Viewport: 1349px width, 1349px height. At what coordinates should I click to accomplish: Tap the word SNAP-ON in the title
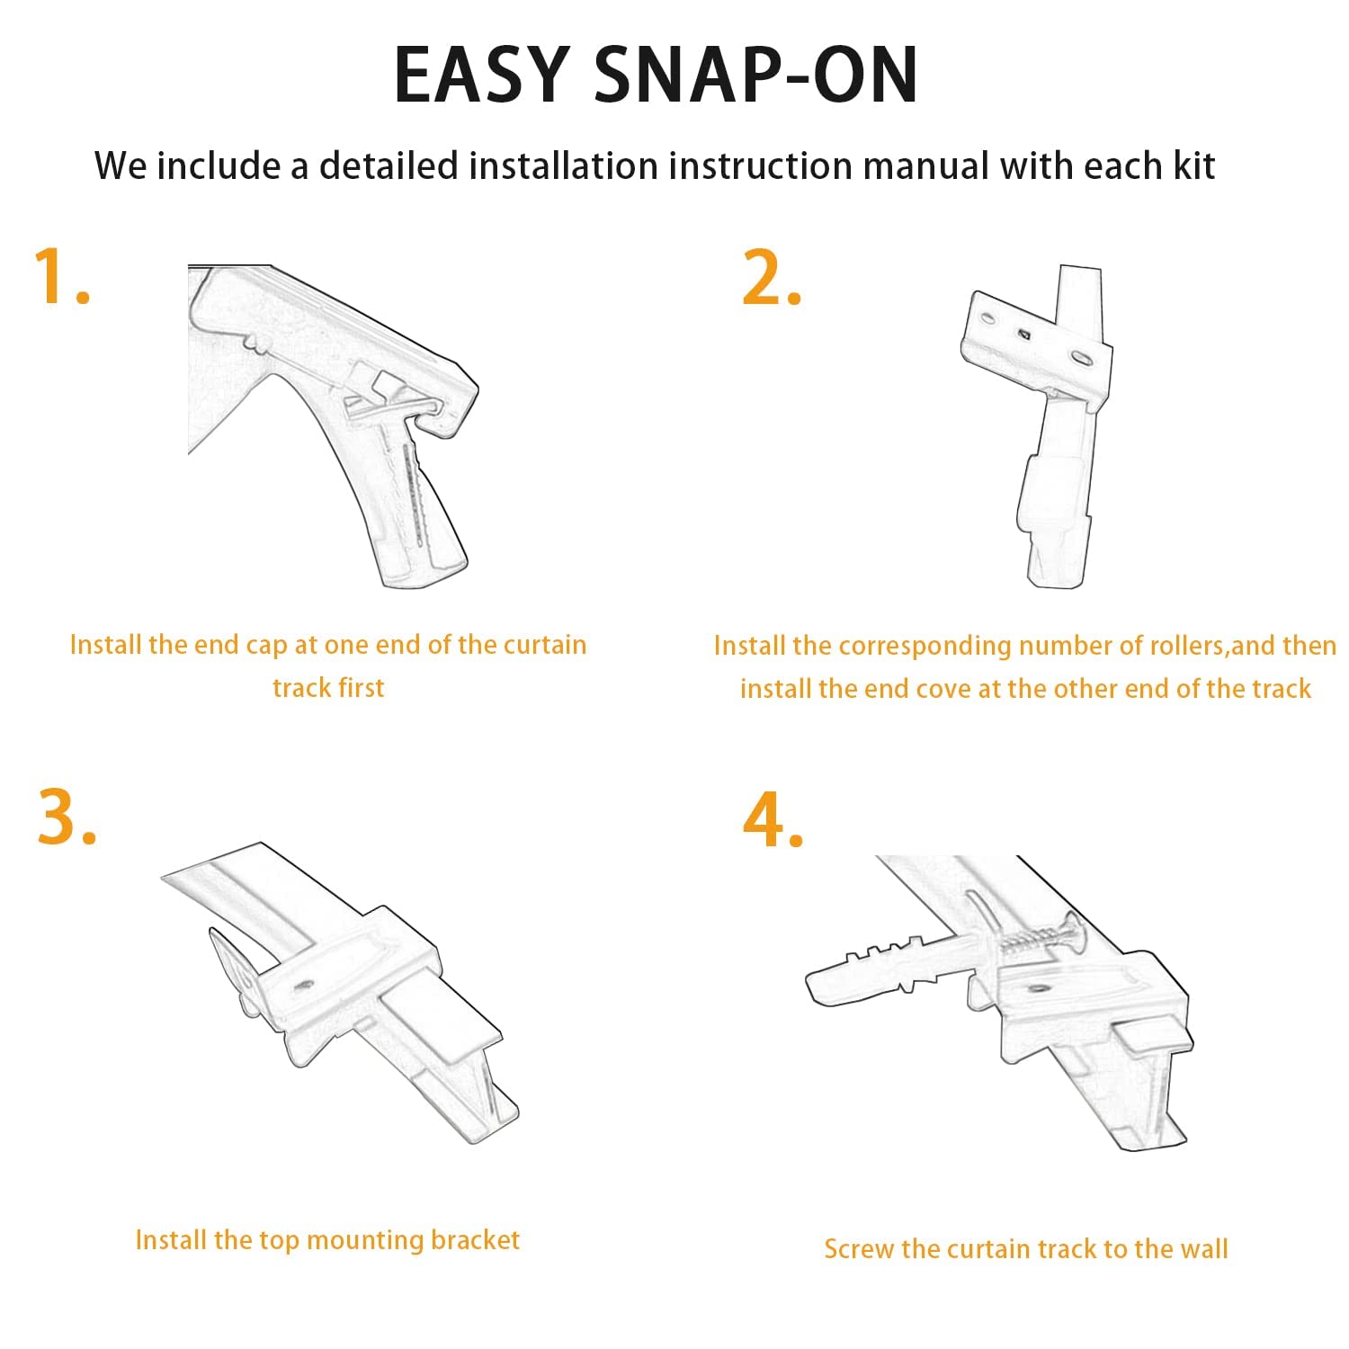coord(756,75)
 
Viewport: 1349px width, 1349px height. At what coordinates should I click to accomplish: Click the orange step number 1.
coord(61,277)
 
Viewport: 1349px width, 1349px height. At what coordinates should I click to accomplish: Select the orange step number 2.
coord(772,277)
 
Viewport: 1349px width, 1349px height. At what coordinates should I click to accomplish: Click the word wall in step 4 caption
coord(1202,1249)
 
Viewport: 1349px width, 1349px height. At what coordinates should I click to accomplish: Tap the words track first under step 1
coord(328,688)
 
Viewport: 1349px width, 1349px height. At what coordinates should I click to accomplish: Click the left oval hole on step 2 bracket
coord(988,318)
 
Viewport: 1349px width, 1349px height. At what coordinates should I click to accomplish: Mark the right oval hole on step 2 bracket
coord(1078,358)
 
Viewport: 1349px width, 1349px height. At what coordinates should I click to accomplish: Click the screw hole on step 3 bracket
coord(303,985)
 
